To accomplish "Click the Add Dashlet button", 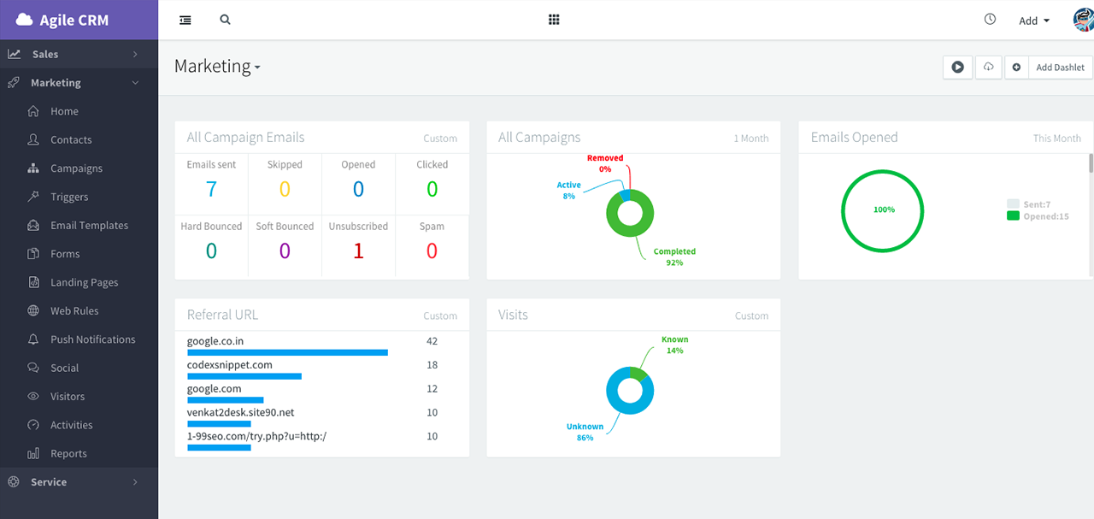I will [1060, 68].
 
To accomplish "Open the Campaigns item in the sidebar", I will [76, 168].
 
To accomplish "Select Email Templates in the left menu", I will [89, 226].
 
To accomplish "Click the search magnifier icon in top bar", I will [225, 20].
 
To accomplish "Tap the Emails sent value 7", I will [211, 189].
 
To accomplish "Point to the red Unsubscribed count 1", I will [358, 251].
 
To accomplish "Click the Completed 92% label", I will [674, 257].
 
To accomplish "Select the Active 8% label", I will [568, 190].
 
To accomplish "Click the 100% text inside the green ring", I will [884, 209].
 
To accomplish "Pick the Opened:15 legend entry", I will [1045, 216].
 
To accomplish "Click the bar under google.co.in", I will [287, 352].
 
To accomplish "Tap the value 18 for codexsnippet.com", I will [432, 365].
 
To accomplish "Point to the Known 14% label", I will [674, 345].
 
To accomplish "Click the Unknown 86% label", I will [585, 432].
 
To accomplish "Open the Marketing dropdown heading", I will [217, 67].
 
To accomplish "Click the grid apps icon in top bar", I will [554, 20].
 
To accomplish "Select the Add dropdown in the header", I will [1034, 21].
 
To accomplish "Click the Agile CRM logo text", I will [74, 21].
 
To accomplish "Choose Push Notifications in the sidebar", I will [92, 339].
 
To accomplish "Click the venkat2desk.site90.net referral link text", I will [240, 412].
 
